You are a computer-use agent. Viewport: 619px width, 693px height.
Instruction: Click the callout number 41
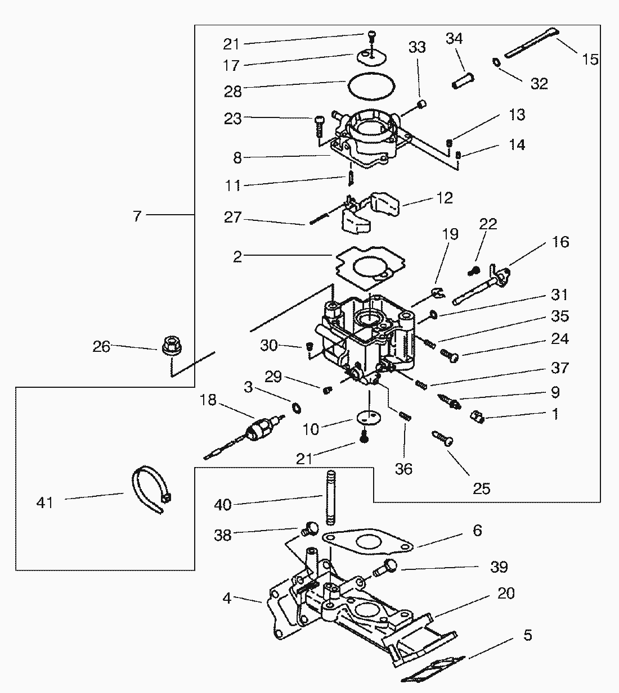(x=44, y=501)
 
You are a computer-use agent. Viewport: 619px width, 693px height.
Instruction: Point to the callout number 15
(x=590, y=59)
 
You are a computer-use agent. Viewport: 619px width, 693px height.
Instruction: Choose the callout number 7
(x=138, y=216)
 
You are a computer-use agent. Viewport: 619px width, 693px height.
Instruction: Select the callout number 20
(x=506, y=594)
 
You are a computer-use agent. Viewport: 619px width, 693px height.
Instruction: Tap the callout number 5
(x=527, y=635)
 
